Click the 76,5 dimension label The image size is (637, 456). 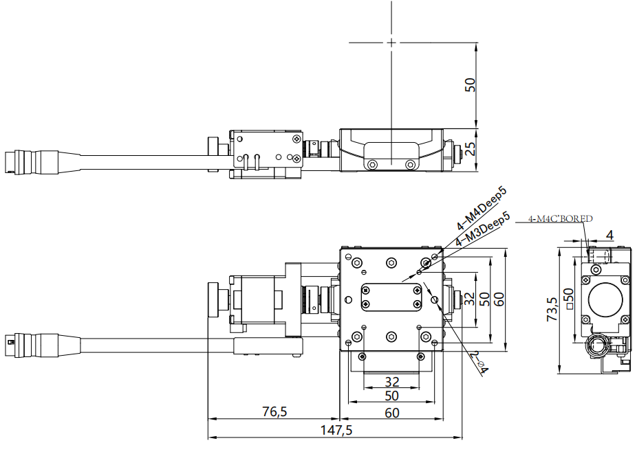coord(274,411)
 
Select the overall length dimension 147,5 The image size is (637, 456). coord(336,430)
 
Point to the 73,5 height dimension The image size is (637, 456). coord(552,309)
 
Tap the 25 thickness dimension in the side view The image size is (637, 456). coord(470,149)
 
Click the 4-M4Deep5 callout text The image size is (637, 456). coord(482,209)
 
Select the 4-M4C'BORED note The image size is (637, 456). coord(560,218)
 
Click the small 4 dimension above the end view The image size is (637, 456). coord(609,234)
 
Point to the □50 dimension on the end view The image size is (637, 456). coord(569,299)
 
